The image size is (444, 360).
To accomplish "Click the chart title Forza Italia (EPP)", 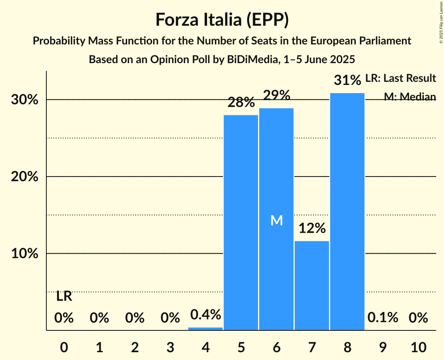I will [222, 19].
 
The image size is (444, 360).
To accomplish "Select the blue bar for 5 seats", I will [241, 222].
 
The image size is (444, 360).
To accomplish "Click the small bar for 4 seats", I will [205, 329].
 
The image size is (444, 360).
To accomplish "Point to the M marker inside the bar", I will [276, 221].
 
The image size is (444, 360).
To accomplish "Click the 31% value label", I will [347, 81].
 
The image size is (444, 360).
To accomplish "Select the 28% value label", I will [241, 103].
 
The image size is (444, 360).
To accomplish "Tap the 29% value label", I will [276, 95].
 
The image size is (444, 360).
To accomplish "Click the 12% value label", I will [312, 228].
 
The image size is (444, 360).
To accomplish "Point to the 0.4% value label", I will [205, 314].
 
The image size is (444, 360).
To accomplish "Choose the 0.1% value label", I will [382, 318].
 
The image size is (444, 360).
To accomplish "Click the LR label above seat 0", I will [64, 296].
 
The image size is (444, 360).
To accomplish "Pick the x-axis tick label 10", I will [418, 346].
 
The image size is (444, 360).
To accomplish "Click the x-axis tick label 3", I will [170, 346].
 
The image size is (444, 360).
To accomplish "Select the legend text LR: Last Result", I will [400, 78].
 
